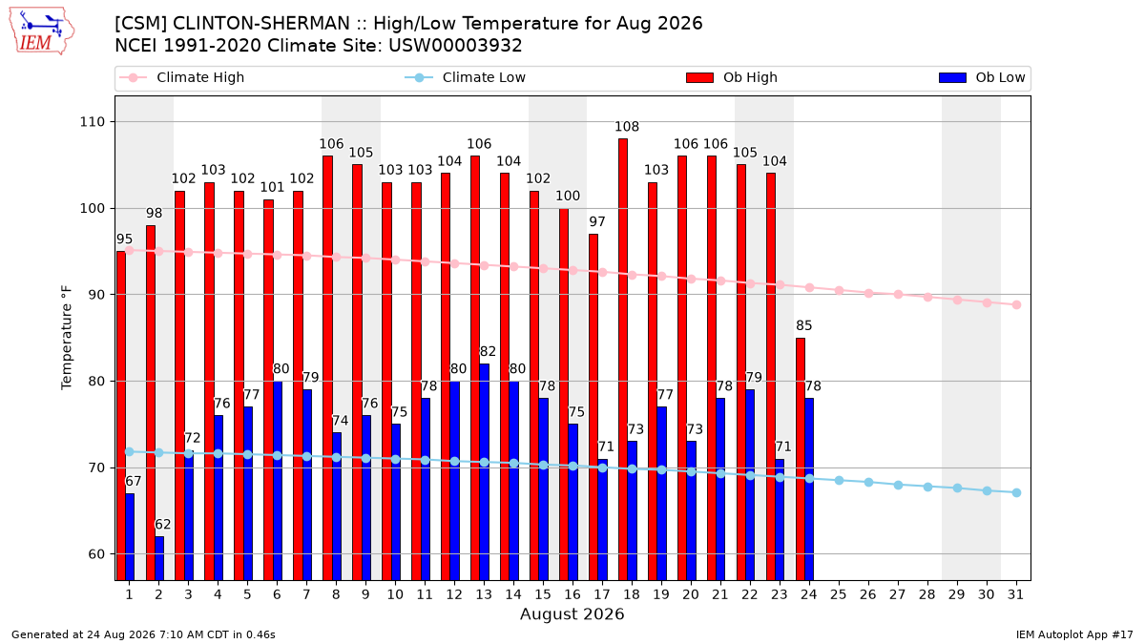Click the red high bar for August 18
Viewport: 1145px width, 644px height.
coord(623,360)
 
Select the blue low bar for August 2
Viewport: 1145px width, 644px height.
coord(159,558)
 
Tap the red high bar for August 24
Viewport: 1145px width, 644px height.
coord(801,459)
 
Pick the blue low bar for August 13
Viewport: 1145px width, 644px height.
coord(484,471)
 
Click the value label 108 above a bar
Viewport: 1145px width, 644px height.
coord(627,126)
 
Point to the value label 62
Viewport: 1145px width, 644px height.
coord(163,525)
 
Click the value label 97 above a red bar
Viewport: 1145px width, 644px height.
coord(597,221)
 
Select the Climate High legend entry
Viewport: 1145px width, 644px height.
coord(182,77)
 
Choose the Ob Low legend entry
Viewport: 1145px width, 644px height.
coord(983,77)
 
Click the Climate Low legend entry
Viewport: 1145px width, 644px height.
coord(466,77)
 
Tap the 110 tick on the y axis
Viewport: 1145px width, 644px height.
coord(92,122)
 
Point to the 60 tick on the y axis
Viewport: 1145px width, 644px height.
coord(96,554)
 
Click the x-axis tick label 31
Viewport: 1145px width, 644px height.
coord(1015,594)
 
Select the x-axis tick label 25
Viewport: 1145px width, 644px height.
coord(839,594)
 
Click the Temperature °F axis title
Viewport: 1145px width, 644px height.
coord(67,338)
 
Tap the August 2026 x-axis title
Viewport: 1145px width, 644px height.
coord(572,613)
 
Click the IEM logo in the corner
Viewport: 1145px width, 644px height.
coord(42,31)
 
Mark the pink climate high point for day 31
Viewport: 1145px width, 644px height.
coord(1017,304)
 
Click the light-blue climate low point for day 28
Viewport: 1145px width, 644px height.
coord(927,488)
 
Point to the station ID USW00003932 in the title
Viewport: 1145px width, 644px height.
coord(455,46)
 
